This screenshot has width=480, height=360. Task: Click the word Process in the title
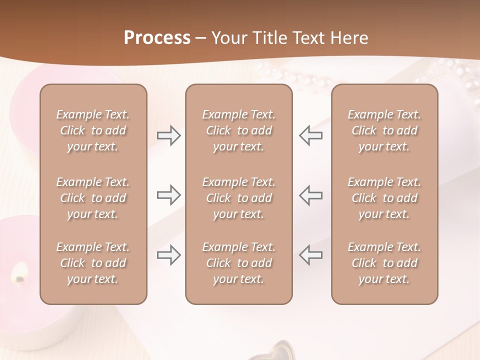157,38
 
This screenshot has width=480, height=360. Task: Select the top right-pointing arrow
169,135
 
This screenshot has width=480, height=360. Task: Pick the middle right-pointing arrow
169,195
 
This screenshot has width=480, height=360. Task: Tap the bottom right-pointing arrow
169,255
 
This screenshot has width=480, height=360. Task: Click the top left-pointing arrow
310,135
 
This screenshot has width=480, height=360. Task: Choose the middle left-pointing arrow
310,195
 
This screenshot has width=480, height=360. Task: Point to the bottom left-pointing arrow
310,255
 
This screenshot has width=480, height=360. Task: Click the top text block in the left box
93,130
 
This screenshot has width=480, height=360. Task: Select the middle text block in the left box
93,198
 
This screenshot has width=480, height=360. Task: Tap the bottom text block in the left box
93,263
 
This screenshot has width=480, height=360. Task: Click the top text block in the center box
238,130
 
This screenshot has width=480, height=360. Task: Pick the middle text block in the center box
238,198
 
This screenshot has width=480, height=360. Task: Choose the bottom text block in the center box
238,263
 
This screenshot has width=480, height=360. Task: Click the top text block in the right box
384,130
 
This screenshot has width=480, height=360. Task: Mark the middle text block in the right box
384,198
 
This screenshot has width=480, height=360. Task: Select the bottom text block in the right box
384,263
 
